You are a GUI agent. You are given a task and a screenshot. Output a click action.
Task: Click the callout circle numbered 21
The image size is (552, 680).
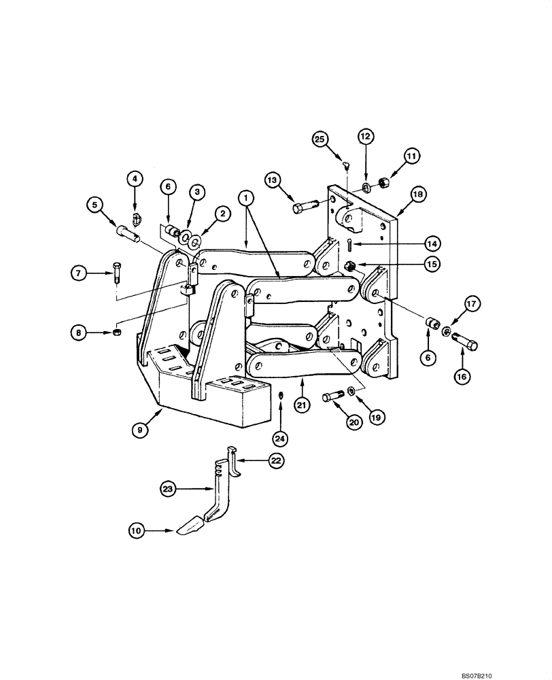click(302, 405)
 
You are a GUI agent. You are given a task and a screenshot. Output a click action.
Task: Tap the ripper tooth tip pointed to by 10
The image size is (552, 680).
click(194, 526)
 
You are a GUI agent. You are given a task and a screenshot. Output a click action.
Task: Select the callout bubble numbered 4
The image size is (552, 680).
click(135, 179)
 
